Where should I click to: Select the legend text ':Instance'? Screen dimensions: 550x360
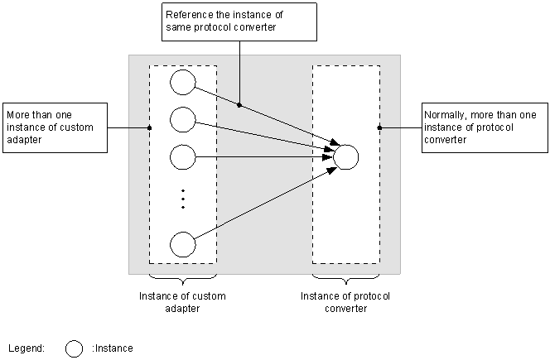113,348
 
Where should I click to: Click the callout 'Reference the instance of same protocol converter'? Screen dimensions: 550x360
239,22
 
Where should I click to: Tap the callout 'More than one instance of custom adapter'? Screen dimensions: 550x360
55,127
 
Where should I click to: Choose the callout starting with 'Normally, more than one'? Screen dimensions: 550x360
485,127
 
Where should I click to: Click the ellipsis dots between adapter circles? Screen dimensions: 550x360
183,199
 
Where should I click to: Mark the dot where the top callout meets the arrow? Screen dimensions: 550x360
239,105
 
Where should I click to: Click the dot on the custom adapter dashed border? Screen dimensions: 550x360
149,127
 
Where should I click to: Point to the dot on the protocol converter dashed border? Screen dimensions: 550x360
379,127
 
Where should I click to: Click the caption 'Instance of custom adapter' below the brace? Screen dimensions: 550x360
182,302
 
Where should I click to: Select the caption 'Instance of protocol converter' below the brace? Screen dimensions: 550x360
345,302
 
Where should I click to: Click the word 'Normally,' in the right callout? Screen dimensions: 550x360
446,115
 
